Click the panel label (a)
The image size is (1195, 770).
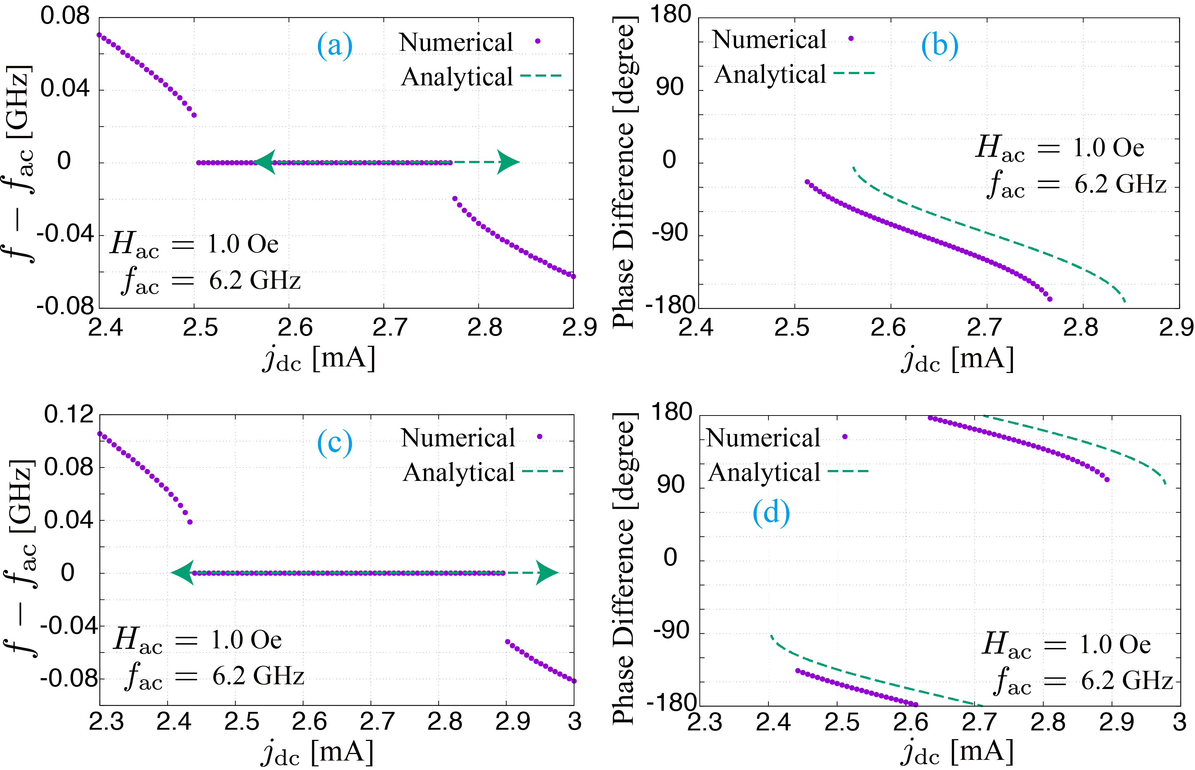(x=335, y=45)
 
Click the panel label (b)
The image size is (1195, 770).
(x=939, y=45)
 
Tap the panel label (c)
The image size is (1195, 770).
(x=335, y=442)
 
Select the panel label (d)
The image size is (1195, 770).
(x=771, y=513)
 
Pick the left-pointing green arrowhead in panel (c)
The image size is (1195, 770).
(x=183, y=572)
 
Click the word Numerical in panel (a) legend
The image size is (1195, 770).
(x=456, y=42)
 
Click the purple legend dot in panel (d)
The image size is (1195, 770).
(x=845, y=437)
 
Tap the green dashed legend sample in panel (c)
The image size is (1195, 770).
(x=543, y=471)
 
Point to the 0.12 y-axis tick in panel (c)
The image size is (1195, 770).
(x=69, y=414)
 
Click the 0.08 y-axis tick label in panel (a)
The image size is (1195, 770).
(x=65, y=16)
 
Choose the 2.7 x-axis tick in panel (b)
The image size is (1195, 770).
(x=984, y=328)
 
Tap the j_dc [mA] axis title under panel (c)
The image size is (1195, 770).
(x=317, y=753)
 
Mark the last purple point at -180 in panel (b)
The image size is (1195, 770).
(x=1049, y=299)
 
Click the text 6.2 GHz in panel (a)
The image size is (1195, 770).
(x=255, y=280)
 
